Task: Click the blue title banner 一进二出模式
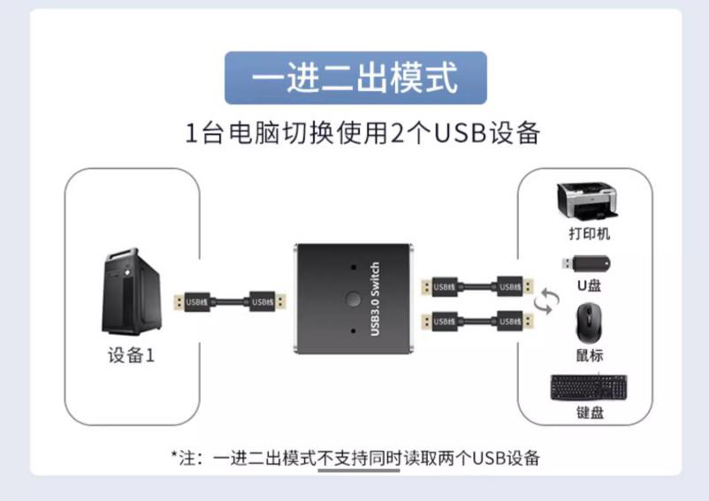(354, 78)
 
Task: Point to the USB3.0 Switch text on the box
(374, 300)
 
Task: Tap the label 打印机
(589, 234)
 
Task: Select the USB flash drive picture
(586, 262)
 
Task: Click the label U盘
(589, 285)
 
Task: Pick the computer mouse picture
(588, 323)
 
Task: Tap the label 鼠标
(589, 355)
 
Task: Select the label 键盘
(589, 414)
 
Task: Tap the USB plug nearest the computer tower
(191, 301)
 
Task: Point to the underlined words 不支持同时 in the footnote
(359, 458)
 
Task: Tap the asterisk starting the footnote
(174, 456)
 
